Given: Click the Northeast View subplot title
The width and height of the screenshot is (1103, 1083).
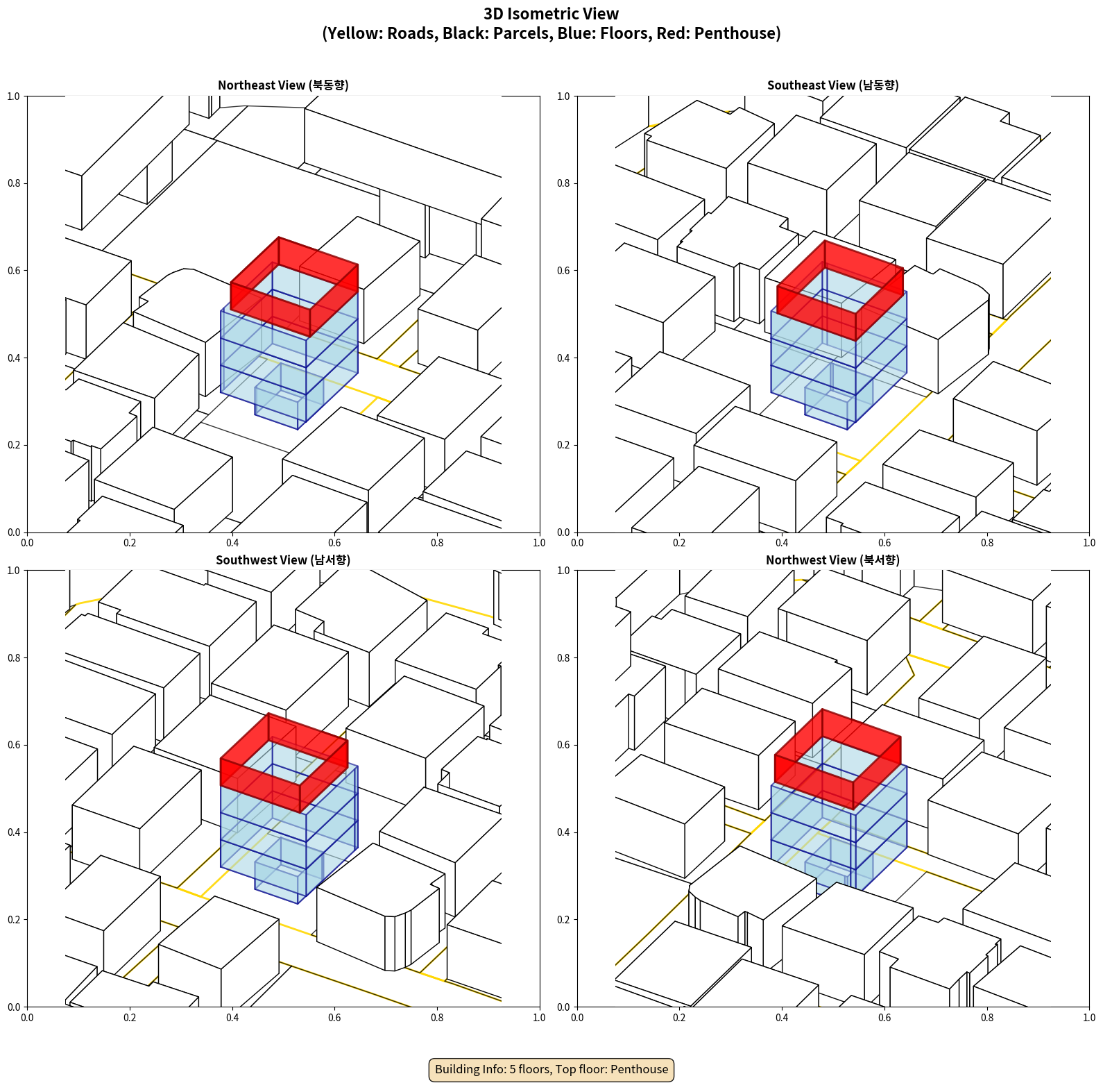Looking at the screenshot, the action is point(283,85).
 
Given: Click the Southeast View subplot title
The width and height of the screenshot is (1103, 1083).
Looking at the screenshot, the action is point(832,85).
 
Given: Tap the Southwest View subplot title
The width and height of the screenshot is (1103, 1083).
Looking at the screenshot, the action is point(283,560).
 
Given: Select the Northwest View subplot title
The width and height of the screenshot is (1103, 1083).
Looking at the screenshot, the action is point(832,560).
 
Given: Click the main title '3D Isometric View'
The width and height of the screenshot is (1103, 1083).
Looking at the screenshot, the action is point(551,14).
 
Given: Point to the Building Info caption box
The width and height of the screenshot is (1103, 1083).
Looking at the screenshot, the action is point(551,1069).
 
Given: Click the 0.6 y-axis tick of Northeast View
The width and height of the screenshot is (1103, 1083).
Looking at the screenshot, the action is point(14,271).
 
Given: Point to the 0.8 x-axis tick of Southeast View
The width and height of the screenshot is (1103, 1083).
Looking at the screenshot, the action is point(987,543).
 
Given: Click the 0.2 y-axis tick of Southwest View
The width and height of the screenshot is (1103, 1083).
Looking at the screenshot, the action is point(14,920).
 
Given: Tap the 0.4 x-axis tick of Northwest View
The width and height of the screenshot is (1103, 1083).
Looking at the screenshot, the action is point(782,1018).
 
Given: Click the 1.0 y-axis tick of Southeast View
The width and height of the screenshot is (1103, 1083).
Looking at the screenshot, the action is point(563,96).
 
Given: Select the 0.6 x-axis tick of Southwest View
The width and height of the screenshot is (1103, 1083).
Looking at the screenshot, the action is point(334,1018).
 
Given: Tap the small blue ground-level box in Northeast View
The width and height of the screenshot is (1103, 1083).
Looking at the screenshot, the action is point(280,408).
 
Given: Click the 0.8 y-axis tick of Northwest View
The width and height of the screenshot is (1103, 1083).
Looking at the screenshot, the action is point(563,658).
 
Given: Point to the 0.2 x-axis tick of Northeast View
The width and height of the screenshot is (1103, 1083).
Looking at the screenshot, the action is point(130,543).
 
